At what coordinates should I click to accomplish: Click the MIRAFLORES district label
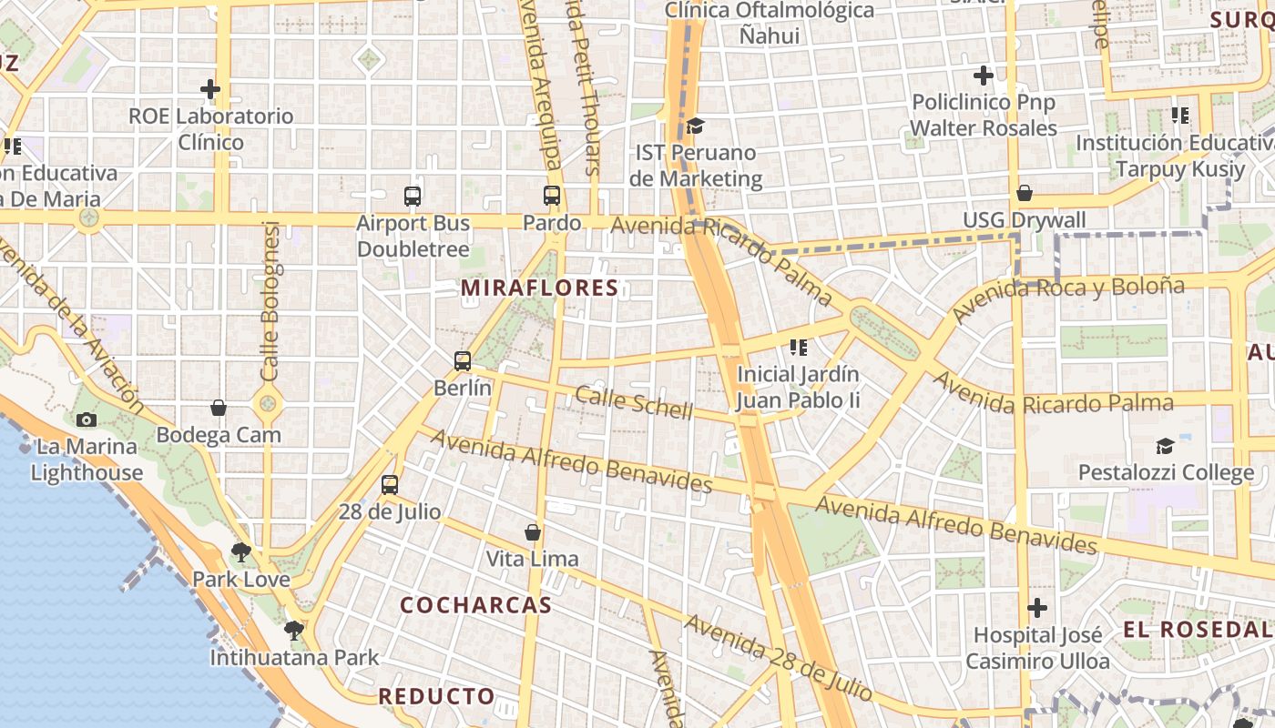coord(539,288)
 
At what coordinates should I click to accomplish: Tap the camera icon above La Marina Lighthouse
coord(87,420)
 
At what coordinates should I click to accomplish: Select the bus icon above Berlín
coord(463,361)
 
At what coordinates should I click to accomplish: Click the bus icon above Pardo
coord(552,196)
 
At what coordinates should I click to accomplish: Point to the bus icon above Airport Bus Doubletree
coord(413,196)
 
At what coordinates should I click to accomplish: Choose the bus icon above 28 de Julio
coord(390,485)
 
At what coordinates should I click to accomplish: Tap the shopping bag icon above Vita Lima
coord(533,531)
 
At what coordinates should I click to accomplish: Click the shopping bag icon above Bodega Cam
coord(219,408)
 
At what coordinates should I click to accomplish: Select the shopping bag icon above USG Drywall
coord(1025,193)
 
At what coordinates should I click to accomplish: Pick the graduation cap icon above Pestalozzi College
coord(1165,446)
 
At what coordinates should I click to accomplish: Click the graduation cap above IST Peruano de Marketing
coord(695,126)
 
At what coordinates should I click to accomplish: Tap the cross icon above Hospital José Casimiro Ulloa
coord(1036,608)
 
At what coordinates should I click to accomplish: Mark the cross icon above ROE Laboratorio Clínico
coord(210,89)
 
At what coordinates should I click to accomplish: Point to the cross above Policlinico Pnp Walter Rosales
coord(984,76)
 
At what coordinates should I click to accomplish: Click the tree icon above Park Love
coord(241,551)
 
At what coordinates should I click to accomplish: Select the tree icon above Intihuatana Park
coord(293,630)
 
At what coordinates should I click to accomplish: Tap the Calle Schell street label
coord(634,401)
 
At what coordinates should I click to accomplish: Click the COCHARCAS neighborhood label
coord(475,605)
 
